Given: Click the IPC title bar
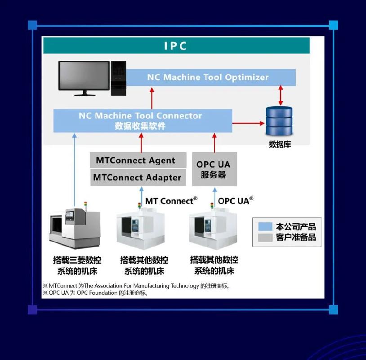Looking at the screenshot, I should coord(176,46).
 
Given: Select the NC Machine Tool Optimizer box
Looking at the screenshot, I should coord(208,77).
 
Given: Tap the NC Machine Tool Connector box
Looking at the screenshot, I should coord(142,121).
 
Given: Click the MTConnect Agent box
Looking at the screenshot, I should coord(138,160).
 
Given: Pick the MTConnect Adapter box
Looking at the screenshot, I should coord(138,177).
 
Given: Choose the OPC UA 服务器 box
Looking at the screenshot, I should coord(214,169).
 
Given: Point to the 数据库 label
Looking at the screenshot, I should coord(280,145).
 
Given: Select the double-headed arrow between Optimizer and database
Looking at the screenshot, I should coord(281,94).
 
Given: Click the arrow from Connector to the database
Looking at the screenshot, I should coord(249,122).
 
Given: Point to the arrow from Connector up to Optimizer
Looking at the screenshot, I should coord(152,97).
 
